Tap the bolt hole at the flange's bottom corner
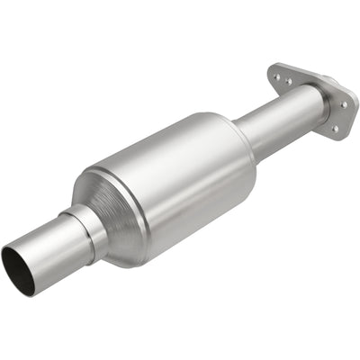[334, 129]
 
